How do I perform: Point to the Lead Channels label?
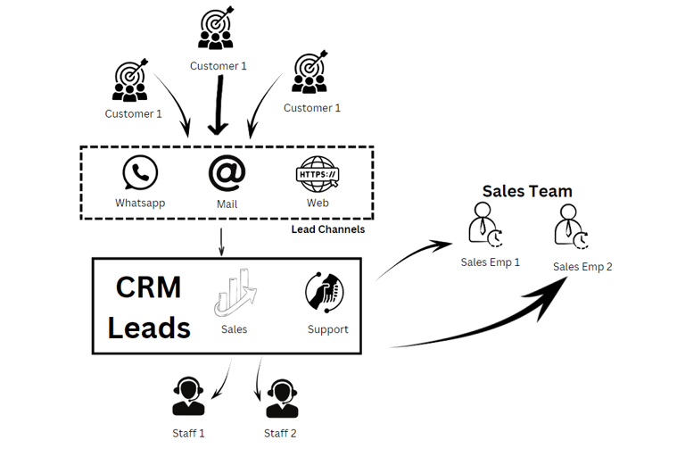[327, 229]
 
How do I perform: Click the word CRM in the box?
[148, 287]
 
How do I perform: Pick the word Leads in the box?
[148, 328]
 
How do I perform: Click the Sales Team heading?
[527, 191]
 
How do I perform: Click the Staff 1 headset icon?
[188, 397]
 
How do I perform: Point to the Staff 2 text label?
[280, 433]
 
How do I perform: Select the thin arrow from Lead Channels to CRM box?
[221, 241]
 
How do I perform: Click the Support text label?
[327, 329]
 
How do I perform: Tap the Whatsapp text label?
[140, 203]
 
